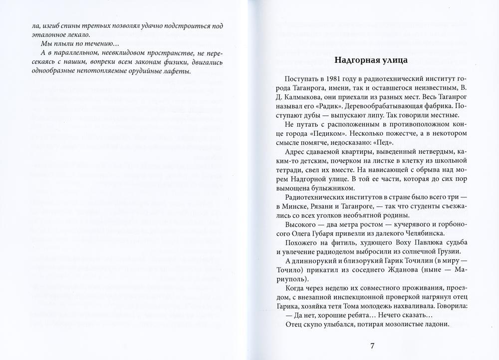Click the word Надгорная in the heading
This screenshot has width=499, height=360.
point(352,60)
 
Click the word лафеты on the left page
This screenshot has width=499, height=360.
point(178,71)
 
